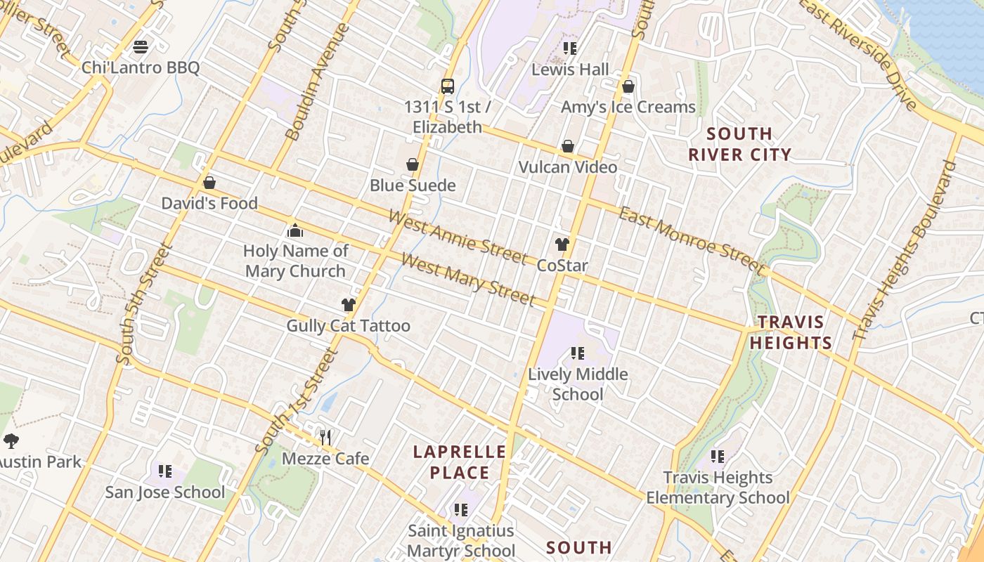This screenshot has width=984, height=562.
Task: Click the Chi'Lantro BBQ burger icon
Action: tap(141, 48)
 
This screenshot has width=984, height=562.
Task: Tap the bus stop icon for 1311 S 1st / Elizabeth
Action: tap(448, 86)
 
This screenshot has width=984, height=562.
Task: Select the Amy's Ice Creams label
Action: tap(628, 107)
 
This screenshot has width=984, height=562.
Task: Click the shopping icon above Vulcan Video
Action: tap(567, 147)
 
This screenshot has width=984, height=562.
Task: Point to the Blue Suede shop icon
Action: tap(413, 165)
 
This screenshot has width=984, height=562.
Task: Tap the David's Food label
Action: tap(209, 203)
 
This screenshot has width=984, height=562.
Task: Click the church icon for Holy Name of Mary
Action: tap(295, 230)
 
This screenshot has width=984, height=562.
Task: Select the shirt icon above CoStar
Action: tap(562, 244)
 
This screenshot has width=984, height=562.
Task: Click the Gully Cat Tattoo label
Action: tap(348, 326)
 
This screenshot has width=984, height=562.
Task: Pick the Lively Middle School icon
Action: tap(578, 353)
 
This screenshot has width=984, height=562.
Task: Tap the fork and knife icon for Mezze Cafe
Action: tap(325, 438)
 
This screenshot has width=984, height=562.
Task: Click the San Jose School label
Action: tap(165, 492)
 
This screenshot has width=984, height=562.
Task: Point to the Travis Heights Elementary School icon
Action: tap(718, 457)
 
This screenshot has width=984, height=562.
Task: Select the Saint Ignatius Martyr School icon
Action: tap(461, 509)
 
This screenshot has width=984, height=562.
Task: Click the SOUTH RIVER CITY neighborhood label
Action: tap(739, 144)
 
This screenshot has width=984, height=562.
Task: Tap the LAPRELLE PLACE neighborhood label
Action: tap(460, 462)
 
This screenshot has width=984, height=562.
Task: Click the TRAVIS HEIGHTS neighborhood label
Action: tap(791, 332)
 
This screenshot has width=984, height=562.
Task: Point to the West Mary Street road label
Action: tap(468, 280)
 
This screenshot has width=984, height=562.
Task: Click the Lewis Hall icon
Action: tap(570, 48)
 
